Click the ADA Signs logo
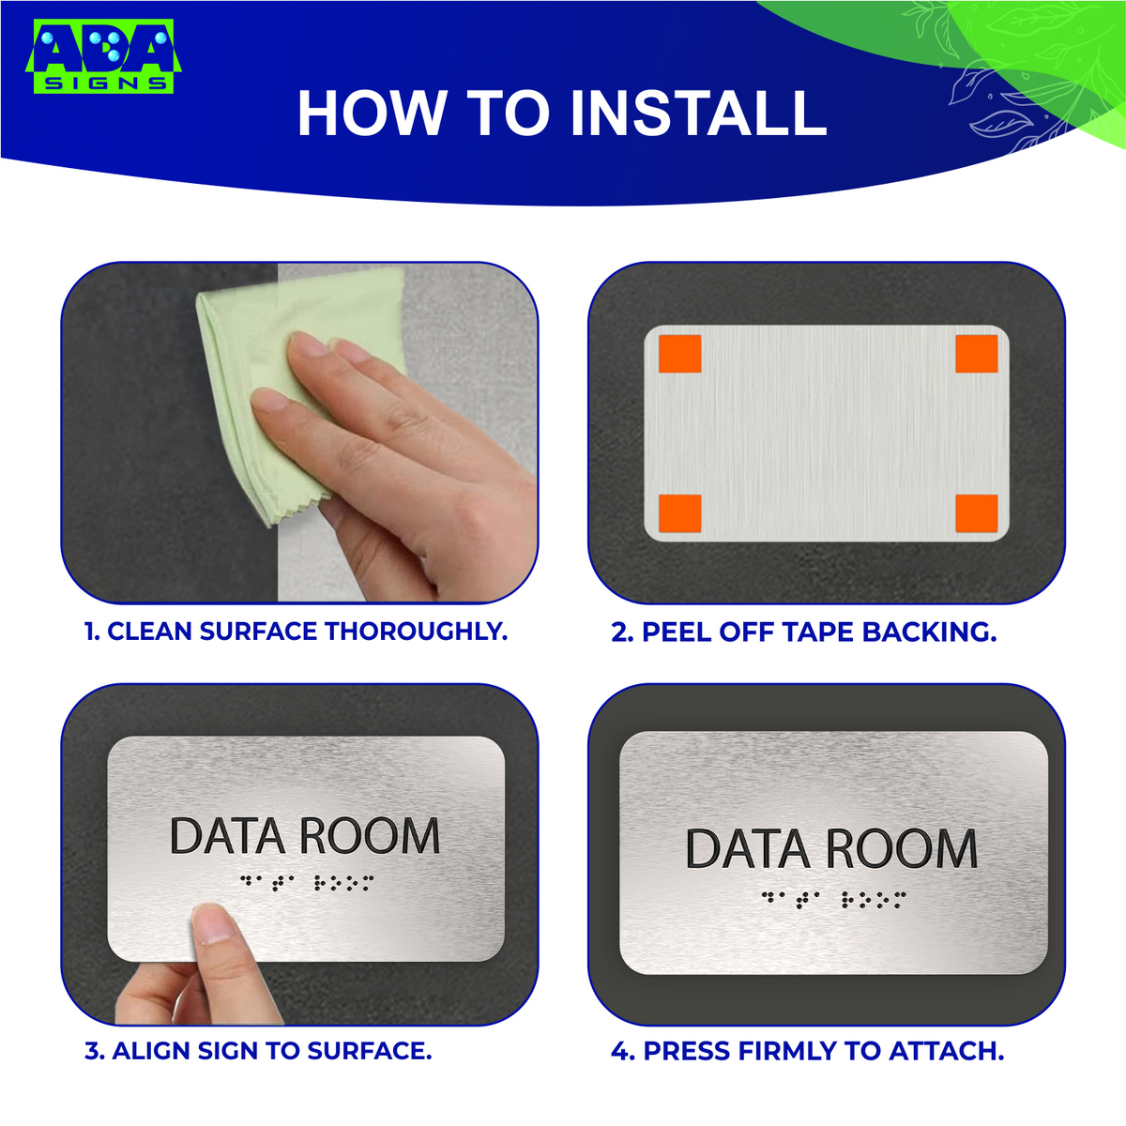point(103,58)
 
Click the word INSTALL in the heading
point(698,114)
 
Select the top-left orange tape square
point(680,353)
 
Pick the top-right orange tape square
point(976,353)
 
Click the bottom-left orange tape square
point(680,512)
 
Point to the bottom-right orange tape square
point(976,512)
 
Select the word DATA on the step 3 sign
point(227,836)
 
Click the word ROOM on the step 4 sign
point(902,848)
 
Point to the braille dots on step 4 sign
point(833,900)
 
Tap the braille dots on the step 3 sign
point(306,882)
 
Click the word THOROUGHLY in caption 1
point(415,631)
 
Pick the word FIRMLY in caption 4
point(786,1051)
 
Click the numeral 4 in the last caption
point(620,1051)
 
